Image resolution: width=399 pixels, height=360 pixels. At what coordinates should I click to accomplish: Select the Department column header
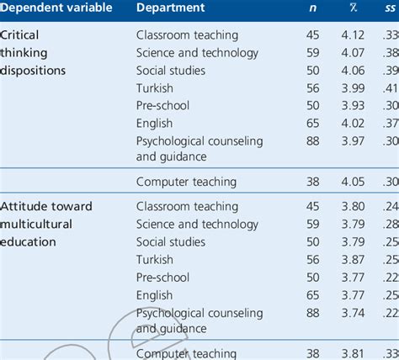[170, 8]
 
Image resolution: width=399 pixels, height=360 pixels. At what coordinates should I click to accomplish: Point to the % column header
[354, 8]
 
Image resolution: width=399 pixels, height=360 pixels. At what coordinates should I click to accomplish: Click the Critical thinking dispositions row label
[34, 53]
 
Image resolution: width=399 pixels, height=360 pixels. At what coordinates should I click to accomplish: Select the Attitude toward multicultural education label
[47, 224]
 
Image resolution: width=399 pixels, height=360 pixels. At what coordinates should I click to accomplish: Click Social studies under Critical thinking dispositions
[170, 71]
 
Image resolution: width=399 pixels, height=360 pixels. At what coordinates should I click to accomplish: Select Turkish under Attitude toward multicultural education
[155, 260]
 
